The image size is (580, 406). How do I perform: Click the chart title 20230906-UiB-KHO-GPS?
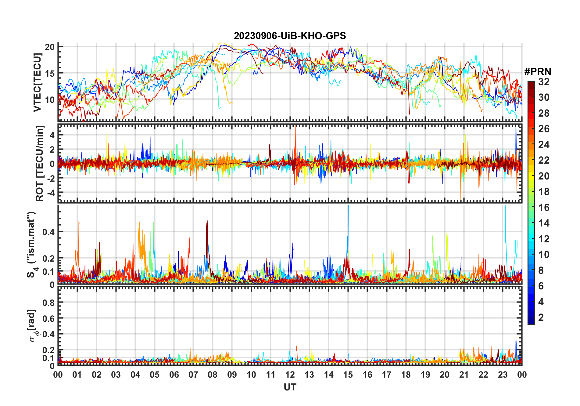290,36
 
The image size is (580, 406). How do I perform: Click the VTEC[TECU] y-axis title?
37,82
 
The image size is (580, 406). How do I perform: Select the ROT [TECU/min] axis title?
39,163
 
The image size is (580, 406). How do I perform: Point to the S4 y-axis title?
31,244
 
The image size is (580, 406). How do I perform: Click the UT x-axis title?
290,387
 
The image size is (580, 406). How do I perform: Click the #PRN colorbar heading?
538,71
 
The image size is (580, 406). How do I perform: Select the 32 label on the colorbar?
544,82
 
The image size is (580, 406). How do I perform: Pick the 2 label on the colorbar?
541,317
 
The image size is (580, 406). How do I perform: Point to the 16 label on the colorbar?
544,208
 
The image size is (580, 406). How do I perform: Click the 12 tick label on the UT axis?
290,375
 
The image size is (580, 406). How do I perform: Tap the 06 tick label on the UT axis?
174,375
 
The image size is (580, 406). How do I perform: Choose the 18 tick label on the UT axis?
406,375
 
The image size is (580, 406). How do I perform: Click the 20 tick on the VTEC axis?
49,47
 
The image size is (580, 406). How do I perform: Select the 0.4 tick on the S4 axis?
48,232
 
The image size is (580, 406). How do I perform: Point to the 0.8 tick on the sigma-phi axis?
48,303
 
